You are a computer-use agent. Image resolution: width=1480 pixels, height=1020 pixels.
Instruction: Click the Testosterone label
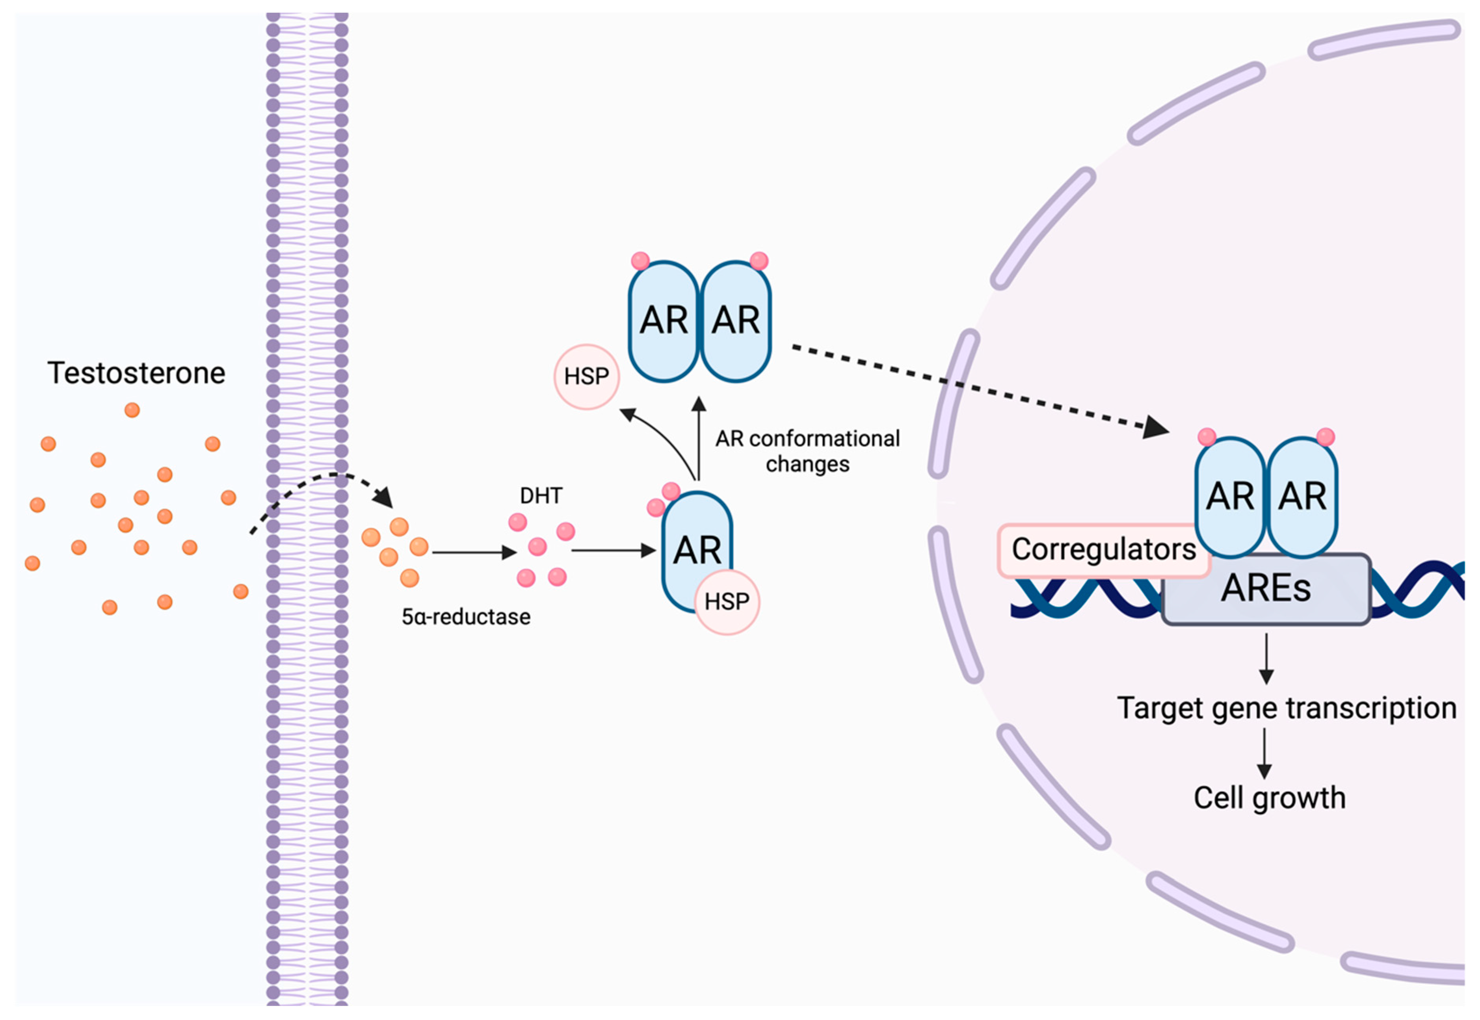click(136, 373)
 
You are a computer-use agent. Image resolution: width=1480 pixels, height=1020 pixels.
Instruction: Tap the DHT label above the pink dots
click(541, 496)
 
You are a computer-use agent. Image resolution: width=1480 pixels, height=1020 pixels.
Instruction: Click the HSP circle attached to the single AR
click(727, 601)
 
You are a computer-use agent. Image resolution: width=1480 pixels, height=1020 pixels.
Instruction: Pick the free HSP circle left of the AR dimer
click(586, 376)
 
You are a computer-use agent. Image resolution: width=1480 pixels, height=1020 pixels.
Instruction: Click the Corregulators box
click(1103, 550)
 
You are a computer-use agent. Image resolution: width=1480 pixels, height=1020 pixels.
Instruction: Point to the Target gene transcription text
click(1286, 708)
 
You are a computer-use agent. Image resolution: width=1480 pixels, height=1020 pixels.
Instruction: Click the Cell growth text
click(1269, 797)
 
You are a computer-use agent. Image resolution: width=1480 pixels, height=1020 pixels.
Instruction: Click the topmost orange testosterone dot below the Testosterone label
click(132, 410)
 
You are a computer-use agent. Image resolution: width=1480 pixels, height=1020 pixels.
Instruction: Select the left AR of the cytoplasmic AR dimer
click(664, 321)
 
